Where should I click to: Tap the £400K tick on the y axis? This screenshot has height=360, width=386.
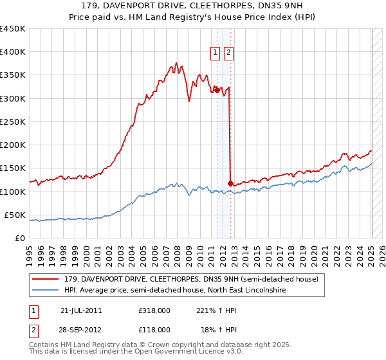(x=13, y=52)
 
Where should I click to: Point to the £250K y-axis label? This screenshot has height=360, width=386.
(x=13, y=122)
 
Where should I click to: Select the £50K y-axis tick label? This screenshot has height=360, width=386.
(x=15, y=215)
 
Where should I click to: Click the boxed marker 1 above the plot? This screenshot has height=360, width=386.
(x=216, y=54)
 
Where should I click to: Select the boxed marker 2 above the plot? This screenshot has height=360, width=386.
(x=229, y=54)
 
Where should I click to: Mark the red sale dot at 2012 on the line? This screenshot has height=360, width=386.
(x=230, y=183)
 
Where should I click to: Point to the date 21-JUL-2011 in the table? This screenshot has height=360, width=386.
(x=80, y=310)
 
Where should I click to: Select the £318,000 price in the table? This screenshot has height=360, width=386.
(x=154, y=310)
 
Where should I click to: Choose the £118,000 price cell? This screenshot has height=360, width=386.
(x=154, y=329)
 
